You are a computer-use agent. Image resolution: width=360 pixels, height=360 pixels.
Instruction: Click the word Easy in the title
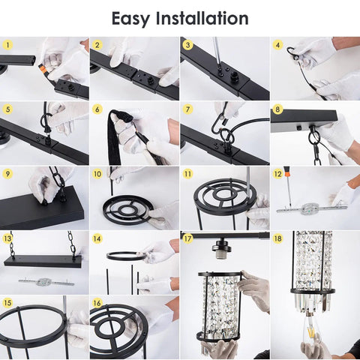pos(130,19)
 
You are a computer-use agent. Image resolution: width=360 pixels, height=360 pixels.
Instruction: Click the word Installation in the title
pos(202,18)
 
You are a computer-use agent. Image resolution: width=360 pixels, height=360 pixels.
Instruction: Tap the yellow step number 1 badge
pos(7,45)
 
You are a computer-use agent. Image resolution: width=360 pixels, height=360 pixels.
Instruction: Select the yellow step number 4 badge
pos(277,45)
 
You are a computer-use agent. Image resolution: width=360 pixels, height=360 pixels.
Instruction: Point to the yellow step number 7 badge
pos(187,109)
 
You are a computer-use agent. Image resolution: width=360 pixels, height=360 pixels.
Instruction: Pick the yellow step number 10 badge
pos(97,174)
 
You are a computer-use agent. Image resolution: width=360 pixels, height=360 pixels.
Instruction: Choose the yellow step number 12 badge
pos(277,174)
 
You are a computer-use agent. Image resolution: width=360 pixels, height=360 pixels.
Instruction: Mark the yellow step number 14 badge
pos(97,238)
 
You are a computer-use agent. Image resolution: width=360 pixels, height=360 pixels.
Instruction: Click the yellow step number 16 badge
pos(97,303)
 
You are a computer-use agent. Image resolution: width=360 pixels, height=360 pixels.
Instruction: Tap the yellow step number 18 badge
pos(277,238)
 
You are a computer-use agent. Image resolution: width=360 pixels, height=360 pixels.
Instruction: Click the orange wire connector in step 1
pos(43,68)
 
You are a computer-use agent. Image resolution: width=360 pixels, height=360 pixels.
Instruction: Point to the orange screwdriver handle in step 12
pos(286,172)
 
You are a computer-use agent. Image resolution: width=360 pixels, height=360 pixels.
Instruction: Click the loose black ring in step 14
pos(127,256)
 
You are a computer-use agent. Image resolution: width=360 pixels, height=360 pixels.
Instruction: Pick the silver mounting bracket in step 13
pos(46,282)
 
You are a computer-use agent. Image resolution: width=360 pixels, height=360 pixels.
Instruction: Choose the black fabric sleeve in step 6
pos(115,136)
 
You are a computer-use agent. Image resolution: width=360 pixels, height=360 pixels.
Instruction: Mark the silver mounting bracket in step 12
pos(312,208)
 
